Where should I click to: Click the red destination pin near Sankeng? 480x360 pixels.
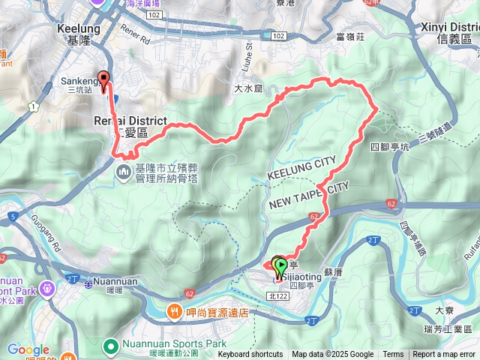point(103,79)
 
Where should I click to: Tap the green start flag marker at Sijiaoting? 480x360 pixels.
point(280,264)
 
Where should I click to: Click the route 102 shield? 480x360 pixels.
point(278,35)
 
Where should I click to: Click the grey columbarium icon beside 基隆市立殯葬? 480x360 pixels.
point(124,174)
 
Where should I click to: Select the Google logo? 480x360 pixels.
point(28,349)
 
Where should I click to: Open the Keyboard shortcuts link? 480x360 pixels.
point(250,355)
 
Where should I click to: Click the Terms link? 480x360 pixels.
point(393,355)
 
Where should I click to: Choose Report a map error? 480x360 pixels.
point(445,355)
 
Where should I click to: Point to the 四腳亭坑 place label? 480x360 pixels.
point(387,146)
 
